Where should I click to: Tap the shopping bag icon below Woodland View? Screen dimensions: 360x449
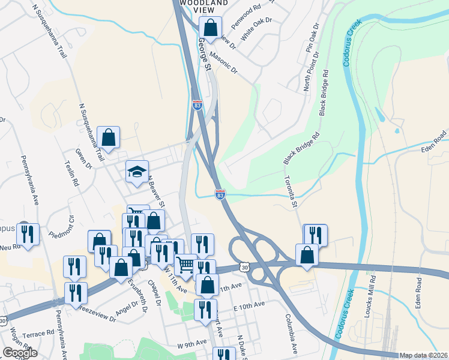(x=211, y=27)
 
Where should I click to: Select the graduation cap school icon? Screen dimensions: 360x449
(x=137, y=172)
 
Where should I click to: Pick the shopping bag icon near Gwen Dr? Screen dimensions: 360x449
(x=109, y=137)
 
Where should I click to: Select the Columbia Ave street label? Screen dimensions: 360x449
(x=291, y=333)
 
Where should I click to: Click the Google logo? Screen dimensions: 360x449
(x=20, y=353)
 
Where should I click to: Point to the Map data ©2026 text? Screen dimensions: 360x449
(x=424, y=355)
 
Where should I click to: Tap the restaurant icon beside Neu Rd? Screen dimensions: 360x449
(x=28, y=235)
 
